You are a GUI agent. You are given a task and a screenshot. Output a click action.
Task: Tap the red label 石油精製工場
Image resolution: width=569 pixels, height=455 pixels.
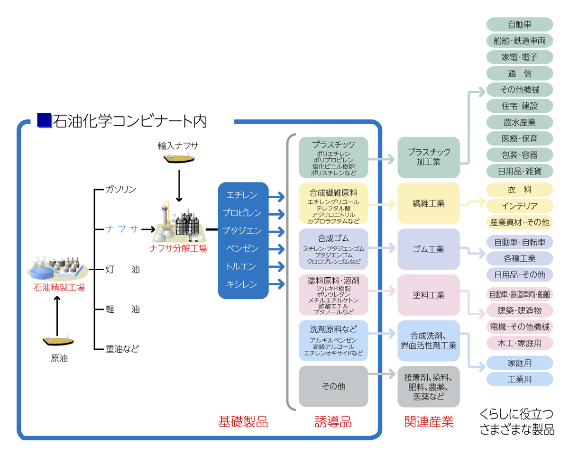tap(59, 287)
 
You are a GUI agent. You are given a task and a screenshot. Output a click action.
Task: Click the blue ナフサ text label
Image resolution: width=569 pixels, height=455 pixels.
tap(122, 229)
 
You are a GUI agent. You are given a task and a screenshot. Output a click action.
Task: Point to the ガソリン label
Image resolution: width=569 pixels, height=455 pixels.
tap(121, 190)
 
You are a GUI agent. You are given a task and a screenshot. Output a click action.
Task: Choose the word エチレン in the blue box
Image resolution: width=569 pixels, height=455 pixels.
tap(242, 195)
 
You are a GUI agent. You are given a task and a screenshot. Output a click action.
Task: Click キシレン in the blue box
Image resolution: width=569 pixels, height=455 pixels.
tap(242, 284)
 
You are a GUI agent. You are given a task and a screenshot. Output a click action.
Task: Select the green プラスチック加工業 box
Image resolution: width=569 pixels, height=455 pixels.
tap(429, 157)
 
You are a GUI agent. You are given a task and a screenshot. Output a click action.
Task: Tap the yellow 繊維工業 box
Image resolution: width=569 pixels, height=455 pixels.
tap(429, 203)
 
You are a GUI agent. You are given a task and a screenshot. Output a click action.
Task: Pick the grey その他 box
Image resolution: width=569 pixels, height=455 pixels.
tap(333, 386)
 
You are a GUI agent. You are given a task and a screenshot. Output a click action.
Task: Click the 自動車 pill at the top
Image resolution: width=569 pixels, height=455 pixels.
tap(520, 25)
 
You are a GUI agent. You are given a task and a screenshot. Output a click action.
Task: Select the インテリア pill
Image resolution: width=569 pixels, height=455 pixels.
tap(520, 206)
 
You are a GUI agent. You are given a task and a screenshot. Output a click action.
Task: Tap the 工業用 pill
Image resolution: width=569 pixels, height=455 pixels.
tap(520, 379)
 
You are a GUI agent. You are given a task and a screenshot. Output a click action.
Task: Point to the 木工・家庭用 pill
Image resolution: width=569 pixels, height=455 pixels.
tap(520, 343)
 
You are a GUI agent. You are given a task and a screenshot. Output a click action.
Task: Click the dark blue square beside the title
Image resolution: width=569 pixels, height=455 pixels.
tap(44, 120)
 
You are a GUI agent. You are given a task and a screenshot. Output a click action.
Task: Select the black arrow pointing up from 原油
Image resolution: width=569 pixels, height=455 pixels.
tap(57, 316)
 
